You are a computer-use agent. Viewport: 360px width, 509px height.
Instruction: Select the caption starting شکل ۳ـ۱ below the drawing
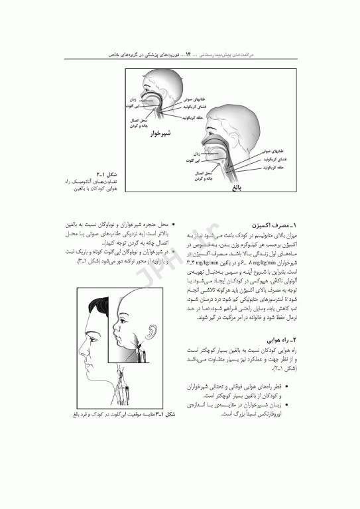[133, 415]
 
